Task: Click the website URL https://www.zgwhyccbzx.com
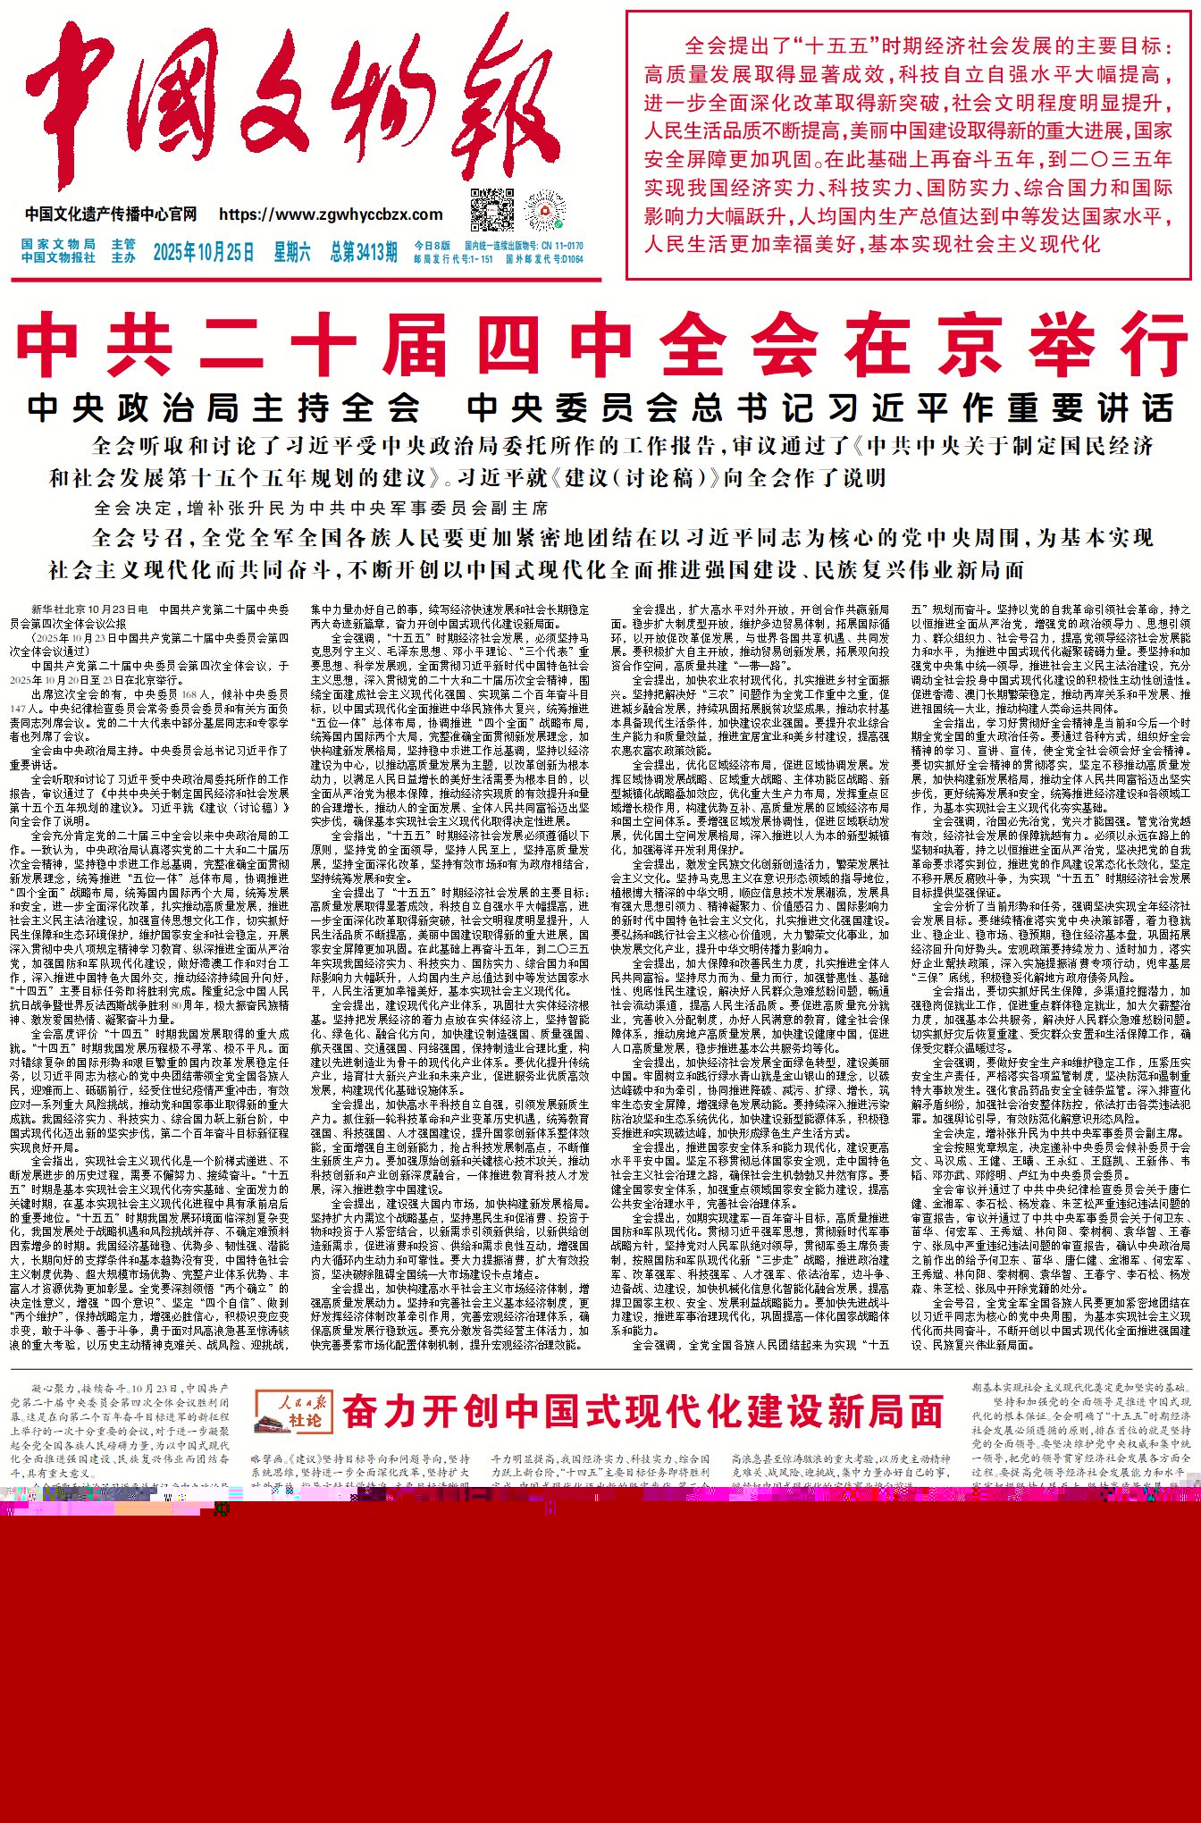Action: [x=331, y=214]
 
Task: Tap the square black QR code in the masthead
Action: [x=492, y=211]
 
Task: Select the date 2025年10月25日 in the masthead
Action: [x=203, y=252]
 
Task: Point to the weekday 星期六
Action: [x=292, y=252]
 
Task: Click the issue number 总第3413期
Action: [x=364, y=252]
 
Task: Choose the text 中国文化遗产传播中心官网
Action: [x=111, y=214]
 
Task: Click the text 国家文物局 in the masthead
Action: [x=58, y=244]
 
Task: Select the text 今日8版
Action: [x=432, y=246]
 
